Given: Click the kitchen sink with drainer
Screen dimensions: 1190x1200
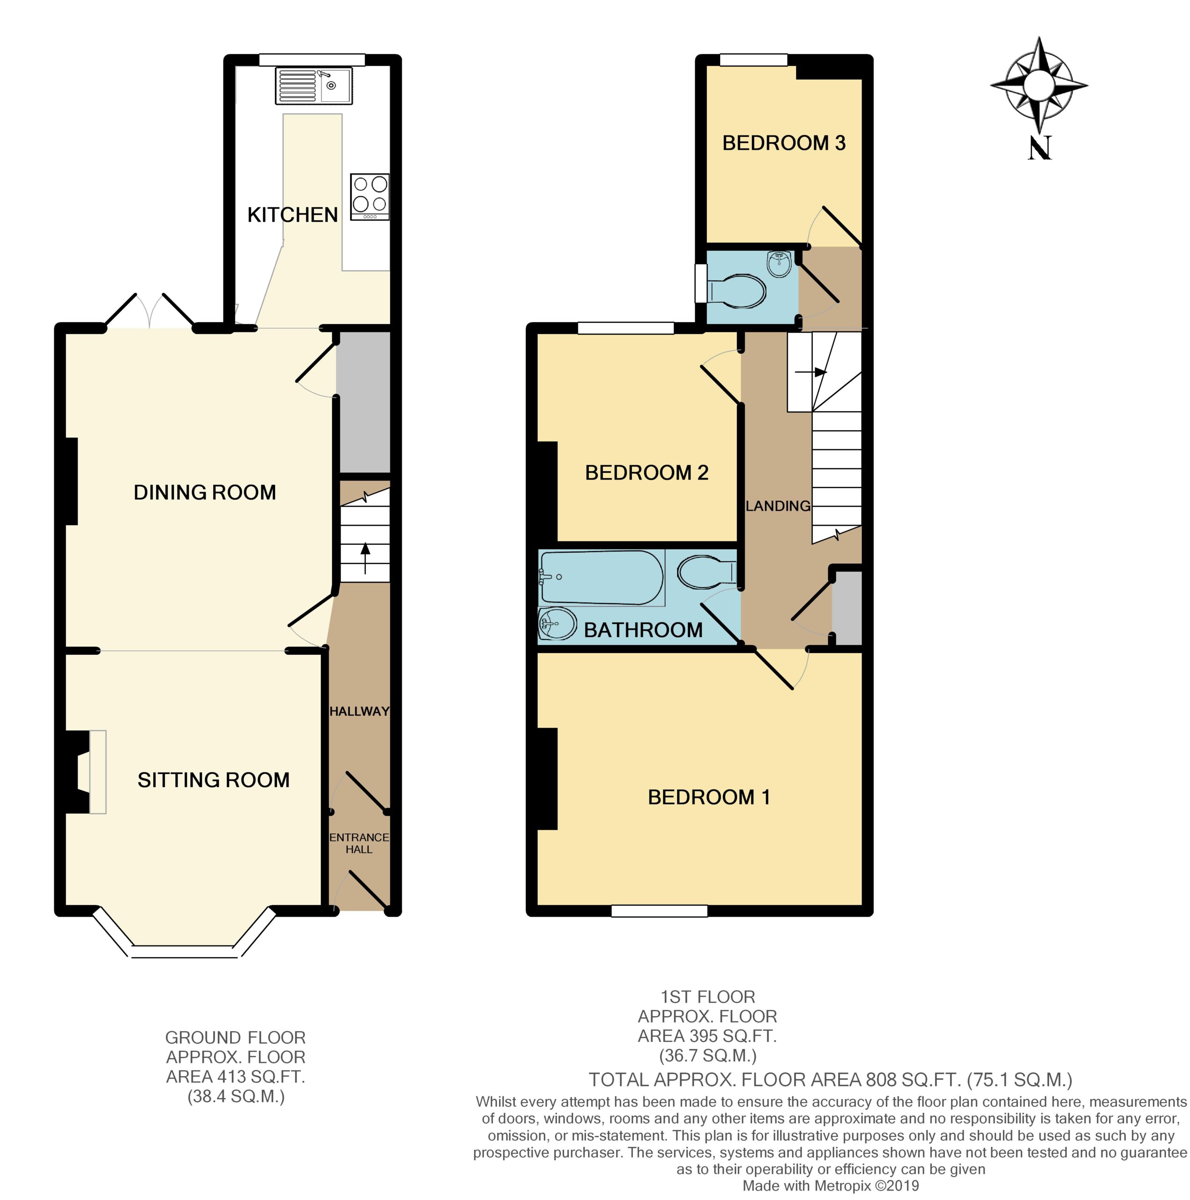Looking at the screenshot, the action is point(314,86).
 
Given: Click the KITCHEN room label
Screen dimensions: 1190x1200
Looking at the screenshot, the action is point(292,215).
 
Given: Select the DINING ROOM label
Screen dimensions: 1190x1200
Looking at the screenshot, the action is point(205,493).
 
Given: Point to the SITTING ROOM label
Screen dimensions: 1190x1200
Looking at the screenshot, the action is point(214,780).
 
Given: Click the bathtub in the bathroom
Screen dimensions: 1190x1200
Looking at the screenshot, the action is point(602,577).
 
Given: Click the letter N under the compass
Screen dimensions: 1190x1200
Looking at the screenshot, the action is point(1040,148).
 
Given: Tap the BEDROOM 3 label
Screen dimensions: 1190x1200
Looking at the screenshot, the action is point(784,143).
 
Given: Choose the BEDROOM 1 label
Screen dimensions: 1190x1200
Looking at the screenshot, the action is point(709,797).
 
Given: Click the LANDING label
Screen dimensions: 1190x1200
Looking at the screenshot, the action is point(778,506).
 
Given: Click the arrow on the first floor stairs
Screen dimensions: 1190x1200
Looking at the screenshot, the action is point(811,373).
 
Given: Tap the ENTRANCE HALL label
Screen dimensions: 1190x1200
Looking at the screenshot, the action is point(359,843).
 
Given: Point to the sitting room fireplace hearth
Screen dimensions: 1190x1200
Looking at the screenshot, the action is point(98,772).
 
